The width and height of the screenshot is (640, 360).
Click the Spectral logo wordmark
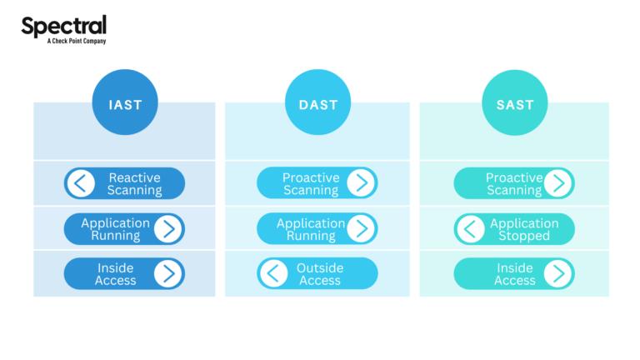pos(63,26)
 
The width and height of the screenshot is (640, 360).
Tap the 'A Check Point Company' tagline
pos(76,41)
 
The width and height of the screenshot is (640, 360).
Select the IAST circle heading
pos(124,104)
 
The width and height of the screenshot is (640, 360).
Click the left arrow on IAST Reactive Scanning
pos(81,183)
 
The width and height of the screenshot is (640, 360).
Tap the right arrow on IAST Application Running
pos(168,229)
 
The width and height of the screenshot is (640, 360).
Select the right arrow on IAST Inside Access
pos(168,273)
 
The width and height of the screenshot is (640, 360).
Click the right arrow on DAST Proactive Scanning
pos(361,183)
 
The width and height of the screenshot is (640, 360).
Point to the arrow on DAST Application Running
pos(361,229)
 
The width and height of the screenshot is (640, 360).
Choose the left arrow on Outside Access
pos(273,273)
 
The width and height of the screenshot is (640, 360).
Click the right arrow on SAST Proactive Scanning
pos(558,183)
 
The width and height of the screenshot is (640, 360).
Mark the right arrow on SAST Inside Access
pos(558,273)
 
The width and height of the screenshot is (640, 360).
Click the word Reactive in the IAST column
pos(134,177)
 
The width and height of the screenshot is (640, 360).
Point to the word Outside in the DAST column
pos(320,267)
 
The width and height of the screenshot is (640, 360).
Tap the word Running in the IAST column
pos(116,236)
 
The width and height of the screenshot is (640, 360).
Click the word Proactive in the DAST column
pos(311,177)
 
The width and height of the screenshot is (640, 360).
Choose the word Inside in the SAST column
pos(515,267)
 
